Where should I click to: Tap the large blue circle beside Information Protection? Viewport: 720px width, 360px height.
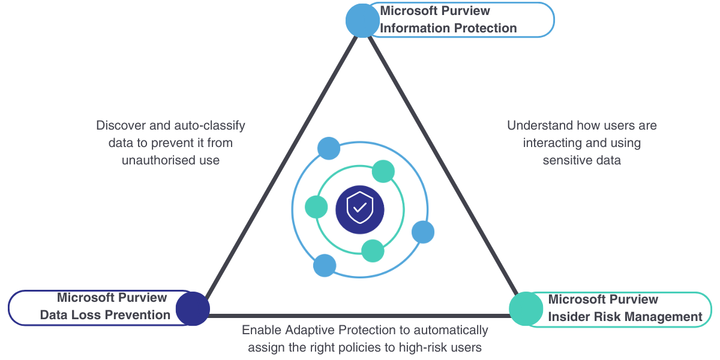(362, 21)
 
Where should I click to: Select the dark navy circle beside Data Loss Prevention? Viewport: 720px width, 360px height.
(193, 308)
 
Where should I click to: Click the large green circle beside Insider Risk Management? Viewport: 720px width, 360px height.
(526, 309)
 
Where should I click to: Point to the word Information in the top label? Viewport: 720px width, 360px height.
(410, 28)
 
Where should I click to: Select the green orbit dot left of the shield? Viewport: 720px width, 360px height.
(316, 207)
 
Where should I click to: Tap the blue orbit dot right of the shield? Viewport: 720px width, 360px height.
(423, 232)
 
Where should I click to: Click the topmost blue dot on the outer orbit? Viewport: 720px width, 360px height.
(329, 148)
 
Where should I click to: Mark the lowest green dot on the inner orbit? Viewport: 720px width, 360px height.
(373, 251)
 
